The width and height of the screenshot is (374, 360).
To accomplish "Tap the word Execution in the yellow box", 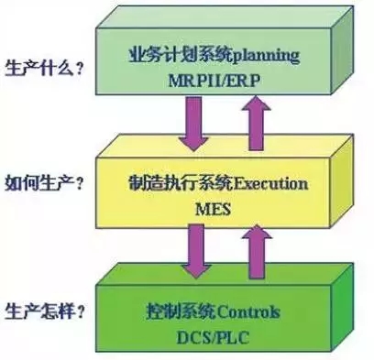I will [x=270, y=183].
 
